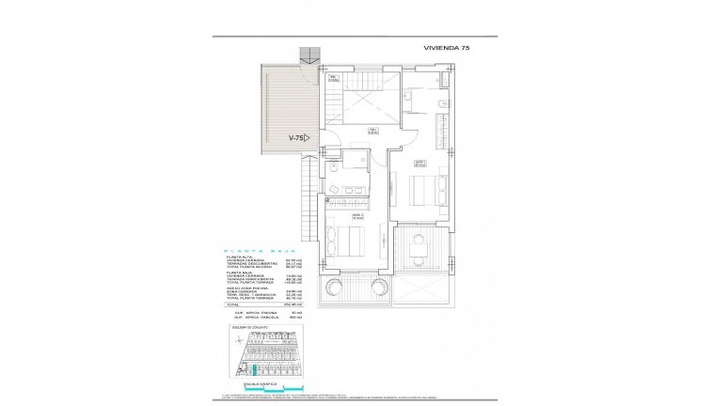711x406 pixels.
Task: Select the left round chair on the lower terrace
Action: click(x=332, y=287)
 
